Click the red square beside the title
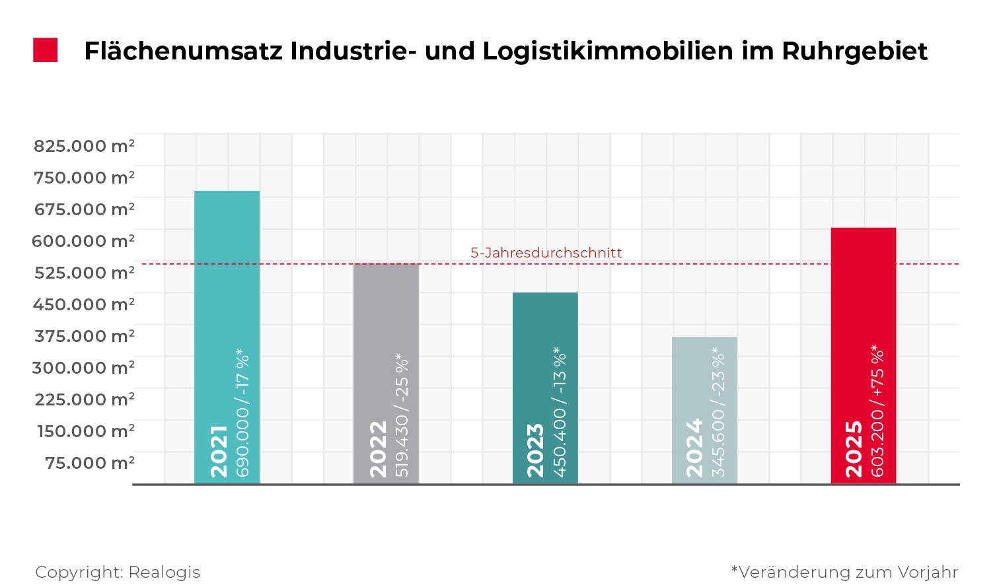45,50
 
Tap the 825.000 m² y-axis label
84,146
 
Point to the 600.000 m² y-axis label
83,241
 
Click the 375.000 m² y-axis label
85,336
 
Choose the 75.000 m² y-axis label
90,463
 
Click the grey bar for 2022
386,330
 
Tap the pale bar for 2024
704,370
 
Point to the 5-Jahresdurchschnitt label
546,253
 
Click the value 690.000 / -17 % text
243,413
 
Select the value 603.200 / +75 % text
878,411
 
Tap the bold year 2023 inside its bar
536,450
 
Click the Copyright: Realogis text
118,572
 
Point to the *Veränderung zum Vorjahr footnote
844,572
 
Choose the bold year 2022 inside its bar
379,449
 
